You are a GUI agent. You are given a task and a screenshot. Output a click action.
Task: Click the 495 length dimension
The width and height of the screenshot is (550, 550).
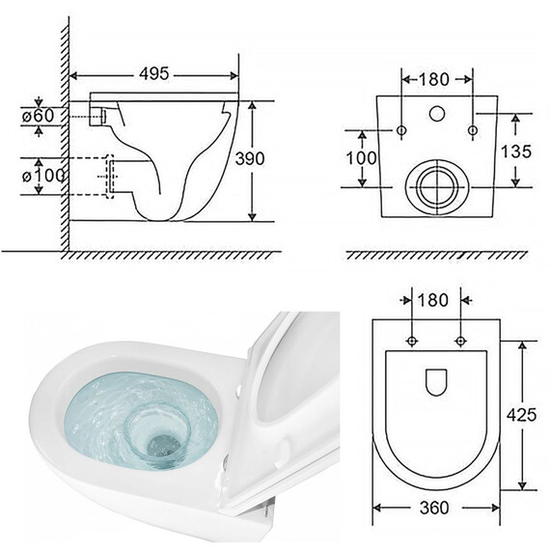tap(155, 74)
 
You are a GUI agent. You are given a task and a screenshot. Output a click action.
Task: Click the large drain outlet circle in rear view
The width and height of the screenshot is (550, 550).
tap(436, 185)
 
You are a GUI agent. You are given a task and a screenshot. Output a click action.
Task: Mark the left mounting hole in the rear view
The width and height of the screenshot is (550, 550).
tap(400, 129)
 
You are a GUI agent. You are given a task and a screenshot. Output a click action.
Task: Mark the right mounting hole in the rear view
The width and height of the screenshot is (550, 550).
tap(472, 129)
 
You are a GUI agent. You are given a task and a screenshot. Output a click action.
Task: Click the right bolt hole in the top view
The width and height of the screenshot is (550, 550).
tap(460, 340)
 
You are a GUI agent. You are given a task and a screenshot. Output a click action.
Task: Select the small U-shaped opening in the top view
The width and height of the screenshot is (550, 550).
tap(437, 382)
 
